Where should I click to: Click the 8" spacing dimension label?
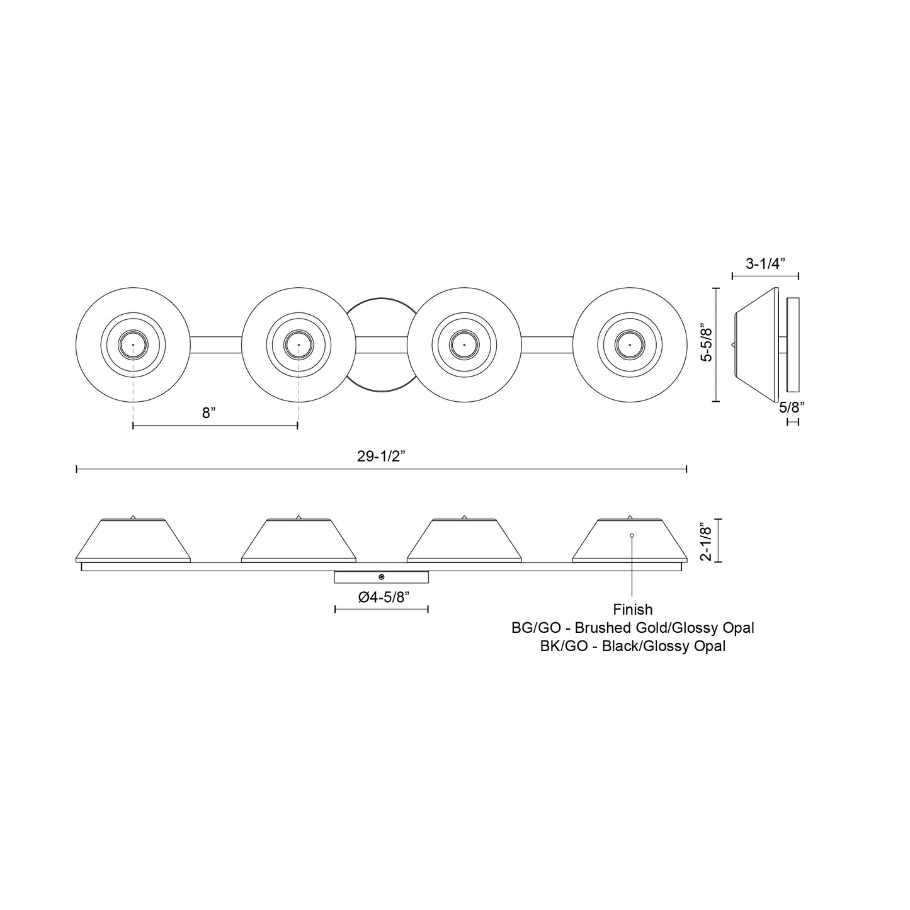(209, 413)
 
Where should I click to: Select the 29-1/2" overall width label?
(380, 457)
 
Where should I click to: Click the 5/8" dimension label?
(792, 407)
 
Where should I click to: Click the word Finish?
(632, 610)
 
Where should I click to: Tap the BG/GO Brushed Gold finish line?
(632, 628)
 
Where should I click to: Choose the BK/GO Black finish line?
(632, 646)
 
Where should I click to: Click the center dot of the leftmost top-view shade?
(133, 345)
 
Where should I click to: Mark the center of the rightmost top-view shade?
(629, 345)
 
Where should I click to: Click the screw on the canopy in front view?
(382, 577)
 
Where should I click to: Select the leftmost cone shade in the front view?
(133, 541)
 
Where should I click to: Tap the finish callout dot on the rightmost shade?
(632, 535)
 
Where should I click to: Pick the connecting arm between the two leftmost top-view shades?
(215, 345)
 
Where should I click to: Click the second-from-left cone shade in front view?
(299, 541)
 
